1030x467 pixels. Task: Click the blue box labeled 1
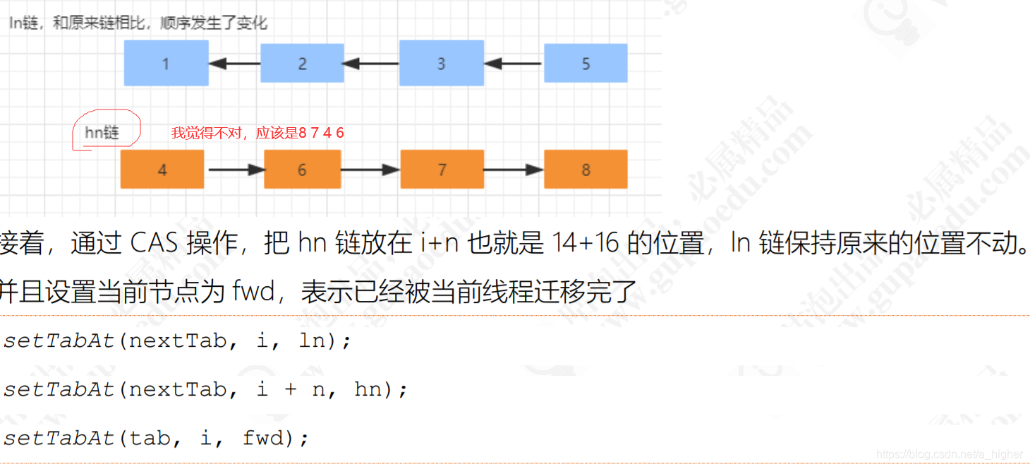(166, 64)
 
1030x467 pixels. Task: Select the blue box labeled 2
(302, 64)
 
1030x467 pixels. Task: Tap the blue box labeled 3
(441, 64)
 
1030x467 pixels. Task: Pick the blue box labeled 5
(586, 64)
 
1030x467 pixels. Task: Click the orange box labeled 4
(162, 170)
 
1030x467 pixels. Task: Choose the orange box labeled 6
(302, 170)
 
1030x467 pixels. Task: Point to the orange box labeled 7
(442, 170)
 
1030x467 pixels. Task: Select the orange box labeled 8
(586, 170)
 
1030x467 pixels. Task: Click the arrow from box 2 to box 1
(235, 64)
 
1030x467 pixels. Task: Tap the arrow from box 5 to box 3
(514, 64)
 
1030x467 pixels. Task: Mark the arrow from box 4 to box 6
(235, 170)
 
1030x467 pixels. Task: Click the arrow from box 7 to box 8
(514, 170)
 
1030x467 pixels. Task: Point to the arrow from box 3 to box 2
(371, 64)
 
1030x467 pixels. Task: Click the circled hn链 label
(102, 132)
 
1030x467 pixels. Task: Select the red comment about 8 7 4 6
(257, 133)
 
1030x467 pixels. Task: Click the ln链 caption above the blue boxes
(138, 23)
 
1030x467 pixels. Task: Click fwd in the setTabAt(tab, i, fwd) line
(263, 438)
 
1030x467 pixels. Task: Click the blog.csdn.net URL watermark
(949, 454)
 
